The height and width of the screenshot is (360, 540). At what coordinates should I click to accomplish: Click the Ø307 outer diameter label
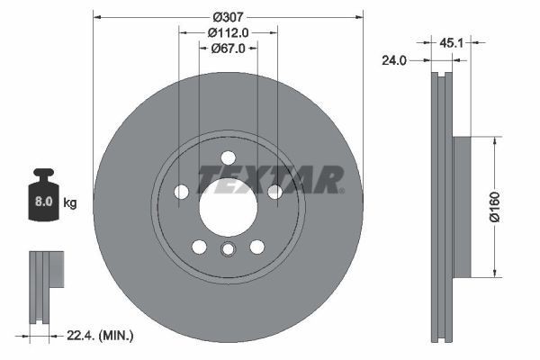(228, 15)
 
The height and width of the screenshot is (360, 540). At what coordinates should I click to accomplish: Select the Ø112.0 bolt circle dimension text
(228, 32)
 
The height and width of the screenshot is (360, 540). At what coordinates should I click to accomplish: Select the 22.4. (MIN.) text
(101, 336)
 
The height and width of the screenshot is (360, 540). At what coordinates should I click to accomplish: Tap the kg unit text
(70, 203)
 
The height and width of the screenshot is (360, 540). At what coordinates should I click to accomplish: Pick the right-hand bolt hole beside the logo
(274, 191)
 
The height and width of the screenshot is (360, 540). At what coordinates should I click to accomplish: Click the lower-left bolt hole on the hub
(199, 247)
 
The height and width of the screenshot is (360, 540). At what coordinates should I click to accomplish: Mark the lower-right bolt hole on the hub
(256, 247)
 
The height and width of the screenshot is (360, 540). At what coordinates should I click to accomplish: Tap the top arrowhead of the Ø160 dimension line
(493, 140)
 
